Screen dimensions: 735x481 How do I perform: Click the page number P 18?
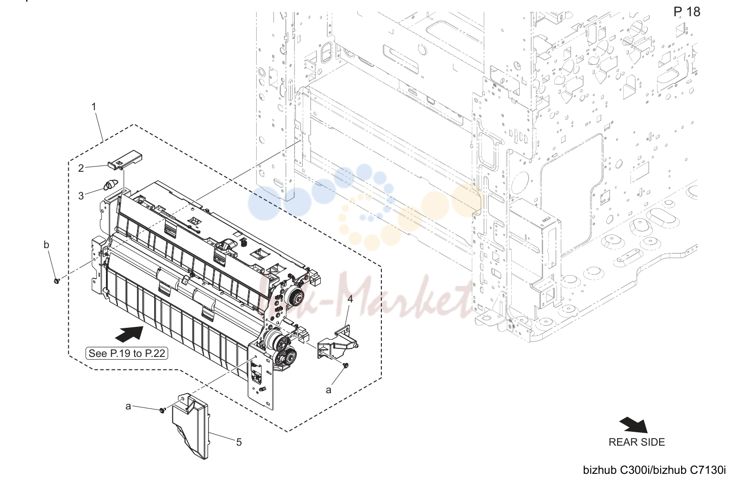[x=687, y=12]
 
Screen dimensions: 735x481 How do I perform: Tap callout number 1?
[x=94, y=106]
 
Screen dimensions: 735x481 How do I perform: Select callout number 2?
[x=81, y=168]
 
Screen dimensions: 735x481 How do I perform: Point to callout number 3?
[x=81, y=196]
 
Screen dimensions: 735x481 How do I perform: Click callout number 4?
[x=350, y=299]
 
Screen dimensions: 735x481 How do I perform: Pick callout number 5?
[x=239, y=442]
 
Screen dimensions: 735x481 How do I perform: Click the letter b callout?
[x=47, y=245]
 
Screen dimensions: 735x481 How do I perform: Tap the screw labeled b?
[x=56, y=281]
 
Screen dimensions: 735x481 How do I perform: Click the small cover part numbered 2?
[x=125, y=160]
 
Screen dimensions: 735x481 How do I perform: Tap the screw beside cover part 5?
[x=162, y=410]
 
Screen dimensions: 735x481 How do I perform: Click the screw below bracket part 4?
[x=345, y=365]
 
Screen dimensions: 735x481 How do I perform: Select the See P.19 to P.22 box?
[x=126, y=354]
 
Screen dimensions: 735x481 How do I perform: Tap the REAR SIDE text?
[x=637, y=442]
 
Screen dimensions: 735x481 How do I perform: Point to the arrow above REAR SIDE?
[x=634, y=425]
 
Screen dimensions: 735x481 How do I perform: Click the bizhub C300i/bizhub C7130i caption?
[x=654, y=470]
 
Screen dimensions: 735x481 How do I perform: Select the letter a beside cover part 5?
[x=128, y=407]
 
